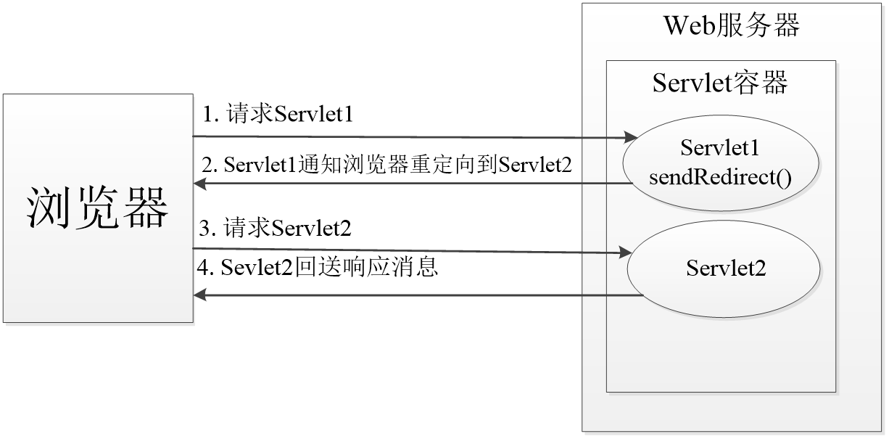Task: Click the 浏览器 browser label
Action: click(x=97, y=208)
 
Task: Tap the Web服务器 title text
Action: click(x=732, y=27)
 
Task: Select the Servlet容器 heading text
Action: click(x=719, y=83)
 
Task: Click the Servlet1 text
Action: click(x=719, y=147)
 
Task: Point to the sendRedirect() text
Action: click(x=720, y=176)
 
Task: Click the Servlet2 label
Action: click(x=726, y=268)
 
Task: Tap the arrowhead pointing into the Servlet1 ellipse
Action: click(x=629, y=137)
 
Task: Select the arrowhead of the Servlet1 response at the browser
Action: click(x=201, y=184)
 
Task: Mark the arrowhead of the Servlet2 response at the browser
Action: click(x=201, y=295)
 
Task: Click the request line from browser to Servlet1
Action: click(x=406, y=136)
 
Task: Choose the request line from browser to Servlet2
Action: click(x=406, y=250)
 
